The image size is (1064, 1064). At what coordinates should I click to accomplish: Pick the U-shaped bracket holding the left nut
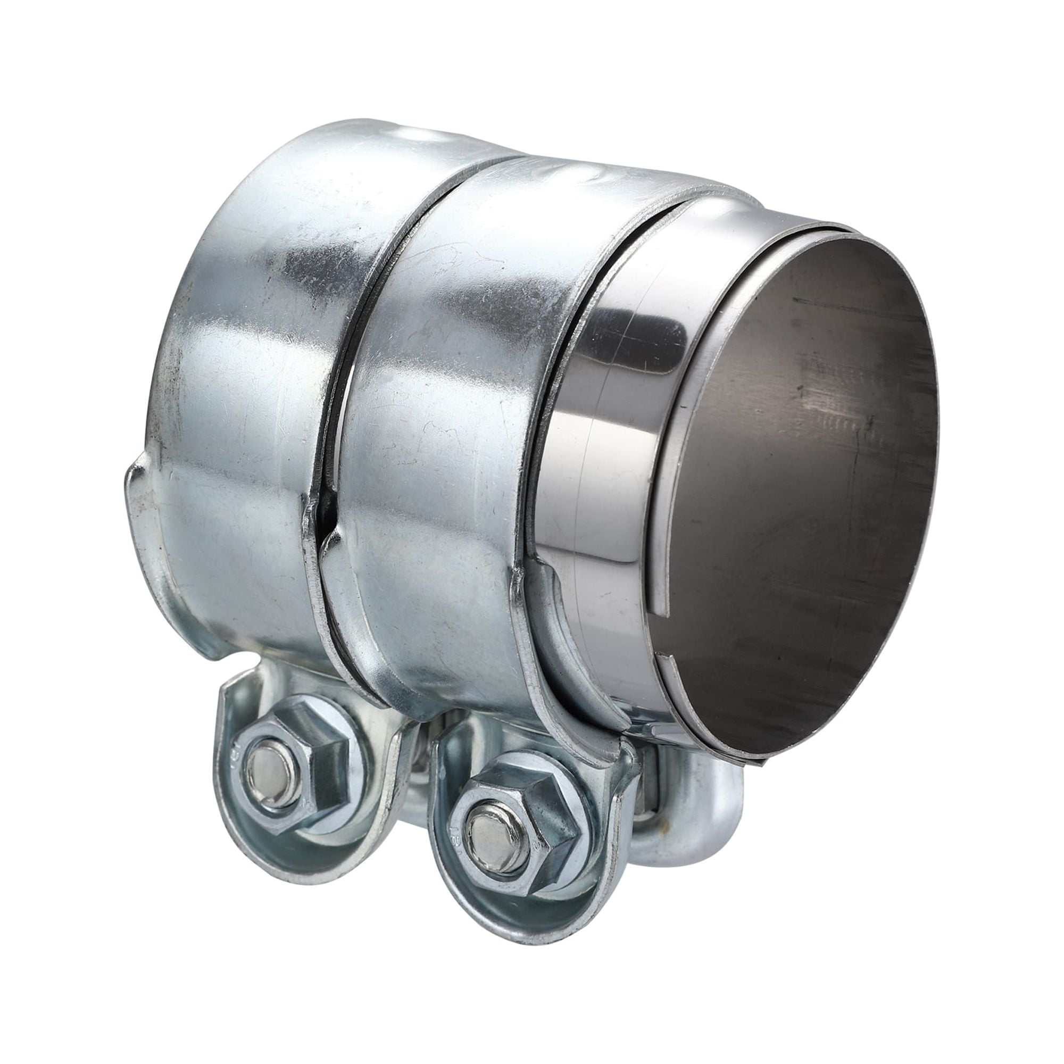pos(242,810)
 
